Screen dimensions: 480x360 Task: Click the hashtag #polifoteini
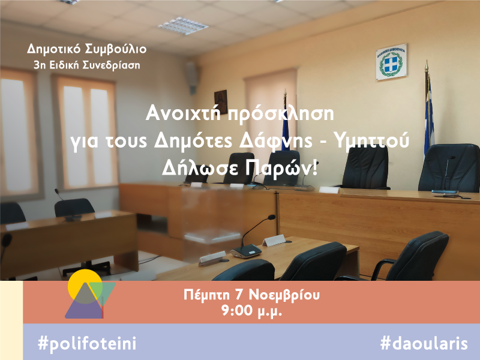(x=87, y=343)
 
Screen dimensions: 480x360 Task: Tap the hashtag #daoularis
(x=424, y=343)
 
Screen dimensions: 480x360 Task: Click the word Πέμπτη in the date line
(x=206, y=295)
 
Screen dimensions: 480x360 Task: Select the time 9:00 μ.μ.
(x=251, y=311)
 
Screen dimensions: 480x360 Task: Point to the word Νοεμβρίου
(x=284, y=295)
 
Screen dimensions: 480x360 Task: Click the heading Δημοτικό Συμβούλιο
(x=86, y=49)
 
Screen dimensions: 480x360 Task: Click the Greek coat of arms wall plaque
(x=391, y=62)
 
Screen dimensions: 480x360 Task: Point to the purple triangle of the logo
(x=83, y=308)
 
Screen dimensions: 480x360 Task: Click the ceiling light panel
(x=183, y=26)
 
